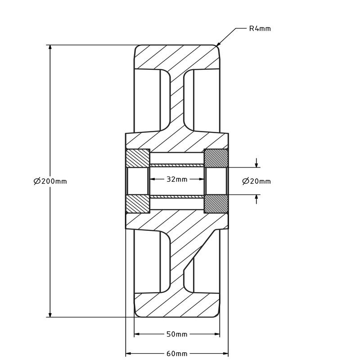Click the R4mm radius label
260,29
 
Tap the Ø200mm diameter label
50,181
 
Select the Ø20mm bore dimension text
256,181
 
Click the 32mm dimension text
177,179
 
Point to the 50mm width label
177,334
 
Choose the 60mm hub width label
177,353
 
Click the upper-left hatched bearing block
138,158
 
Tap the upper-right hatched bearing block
216,158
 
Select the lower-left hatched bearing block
138,204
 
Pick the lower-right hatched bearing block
216,204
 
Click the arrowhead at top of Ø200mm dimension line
50,48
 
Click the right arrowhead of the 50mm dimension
217,334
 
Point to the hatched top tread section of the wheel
177,58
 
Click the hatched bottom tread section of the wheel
177,305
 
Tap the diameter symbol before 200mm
37,181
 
